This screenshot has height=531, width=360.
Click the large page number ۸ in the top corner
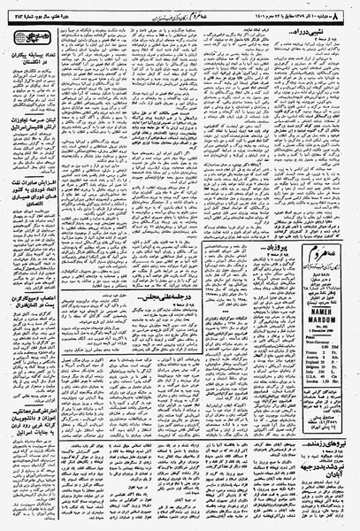(351, 6)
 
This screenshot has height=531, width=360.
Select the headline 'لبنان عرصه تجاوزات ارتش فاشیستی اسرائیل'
(33, 146)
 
